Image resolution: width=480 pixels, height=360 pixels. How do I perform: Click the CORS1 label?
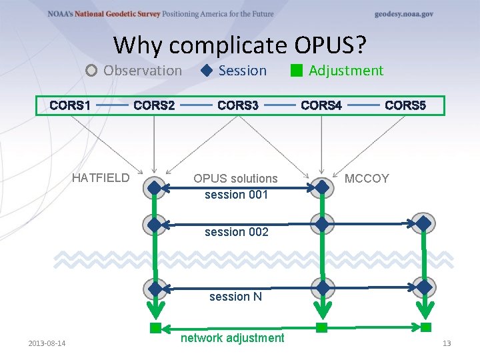tap(70, 105)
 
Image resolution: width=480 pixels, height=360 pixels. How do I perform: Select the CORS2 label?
tap(154, 105)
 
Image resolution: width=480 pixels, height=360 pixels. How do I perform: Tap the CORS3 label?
tap(238, 105)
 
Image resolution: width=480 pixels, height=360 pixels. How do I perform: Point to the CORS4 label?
tap(321, 105)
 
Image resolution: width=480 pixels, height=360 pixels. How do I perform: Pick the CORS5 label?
tap(405, 105)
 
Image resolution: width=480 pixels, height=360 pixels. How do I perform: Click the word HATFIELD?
tap(101, 178)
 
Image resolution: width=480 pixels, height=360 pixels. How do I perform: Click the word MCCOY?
tap(366, 179)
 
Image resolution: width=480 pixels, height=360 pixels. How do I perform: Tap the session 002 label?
tap(236, 232)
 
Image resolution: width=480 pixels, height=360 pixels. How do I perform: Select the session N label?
tap(235, 297)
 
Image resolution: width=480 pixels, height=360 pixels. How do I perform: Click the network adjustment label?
tap(232, 338)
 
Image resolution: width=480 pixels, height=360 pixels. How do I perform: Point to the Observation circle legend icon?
tap(92, 71)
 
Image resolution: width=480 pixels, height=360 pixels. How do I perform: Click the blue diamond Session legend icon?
tap(207, 71)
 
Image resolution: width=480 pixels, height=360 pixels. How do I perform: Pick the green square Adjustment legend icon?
tap(297, 71)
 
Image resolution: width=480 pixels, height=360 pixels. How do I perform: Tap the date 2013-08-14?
tap(47, 343)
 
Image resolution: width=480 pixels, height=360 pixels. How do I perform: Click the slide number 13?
tap(447, 343)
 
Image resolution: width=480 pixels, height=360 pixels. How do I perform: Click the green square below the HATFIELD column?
tap(155, 327)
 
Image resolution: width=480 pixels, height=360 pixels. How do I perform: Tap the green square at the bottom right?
tap(426, 327)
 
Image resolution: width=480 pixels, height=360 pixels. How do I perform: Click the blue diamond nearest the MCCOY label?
tap(322, 188)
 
